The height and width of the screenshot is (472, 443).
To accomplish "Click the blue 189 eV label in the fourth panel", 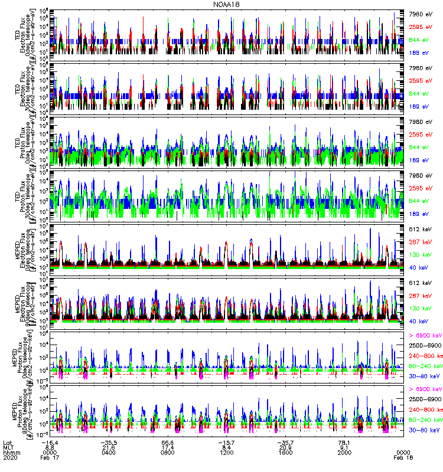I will coord(421,214).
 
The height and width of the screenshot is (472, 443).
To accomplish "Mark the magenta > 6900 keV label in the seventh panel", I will coord(425,335).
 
